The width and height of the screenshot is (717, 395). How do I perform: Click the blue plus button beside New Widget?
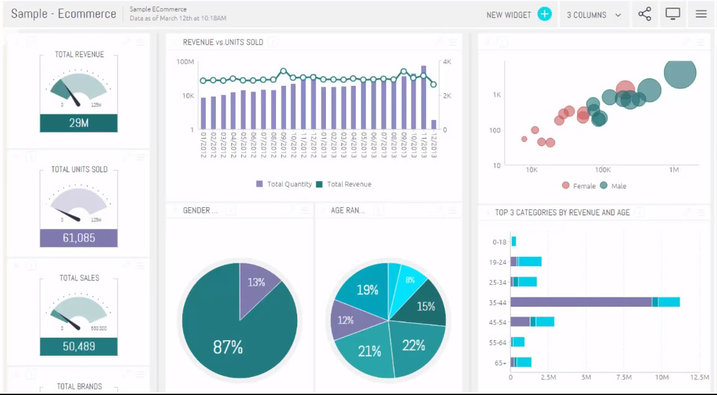(545, 14)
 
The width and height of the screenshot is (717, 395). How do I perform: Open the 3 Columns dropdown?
(594, 15)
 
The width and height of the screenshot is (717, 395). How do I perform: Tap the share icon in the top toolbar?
(645, 14)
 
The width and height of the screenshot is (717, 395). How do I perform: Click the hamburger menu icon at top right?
(701, 14)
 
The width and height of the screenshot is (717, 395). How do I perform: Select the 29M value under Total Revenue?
(79, 123)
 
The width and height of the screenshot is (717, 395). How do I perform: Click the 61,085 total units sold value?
(79, 238)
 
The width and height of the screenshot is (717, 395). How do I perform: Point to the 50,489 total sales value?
(79, 346)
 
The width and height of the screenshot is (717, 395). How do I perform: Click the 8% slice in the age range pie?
(410, 280)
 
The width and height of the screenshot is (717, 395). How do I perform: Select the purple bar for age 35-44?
(581, 302)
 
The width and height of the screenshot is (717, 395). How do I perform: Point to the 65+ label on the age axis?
(499, 362)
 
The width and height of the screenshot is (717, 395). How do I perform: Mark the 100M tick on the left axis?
(186, 62)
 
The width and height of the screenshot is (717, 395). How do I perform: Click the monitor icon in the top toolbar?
(673, 14)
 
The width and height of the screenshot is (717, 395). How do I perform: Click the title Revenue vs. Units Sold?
(223, 42)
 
